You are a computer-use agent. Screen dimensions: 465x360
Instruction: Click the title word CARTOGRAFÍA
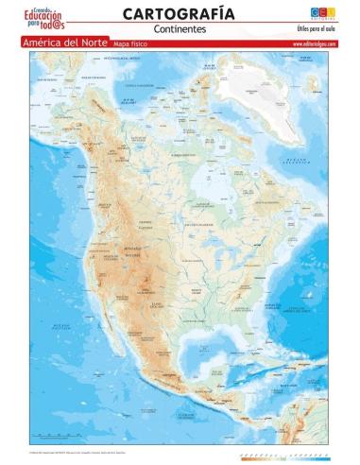[x=179, y=12]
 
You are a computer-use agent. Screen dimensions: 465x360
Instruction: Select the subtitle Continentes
[x=179, y=29]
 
